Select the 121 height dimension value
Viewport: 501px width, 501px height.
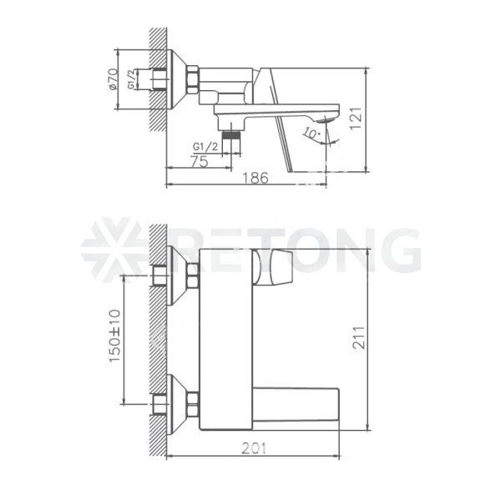coord(356,119)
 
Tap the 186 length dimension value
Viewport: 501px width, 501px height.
coord(256,178)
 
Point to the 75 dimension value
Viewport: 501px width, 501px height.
coord(200,161)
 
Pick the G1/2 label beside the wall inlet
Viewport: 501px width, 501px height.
coord(131,80)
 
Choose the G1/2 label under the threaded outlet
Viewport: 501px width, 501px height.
coord(205,147)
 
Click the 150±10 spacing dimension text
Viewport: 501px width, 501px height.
coord(115,336)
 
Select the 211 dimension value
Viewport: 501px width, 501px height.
coord(358,337)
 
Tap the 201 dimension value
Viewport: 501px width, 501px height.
coord(254,448)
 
